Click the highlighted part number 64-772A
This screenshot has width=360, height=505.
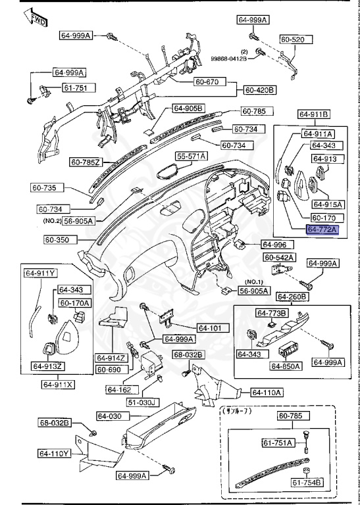coord(322,229)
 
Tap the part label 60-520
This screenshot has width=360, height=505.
coord(292,39)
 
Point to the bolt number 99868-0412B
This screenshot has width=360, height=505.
coord(228,59)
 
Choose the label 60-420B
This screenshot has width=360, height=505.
coord(260,89)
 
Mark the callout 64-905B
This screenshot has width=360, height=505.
coord(189,108)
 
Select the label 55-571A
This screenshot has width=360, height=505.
coord(191,156)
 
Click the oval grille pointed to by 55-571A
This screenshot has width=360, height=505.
coord(170,172)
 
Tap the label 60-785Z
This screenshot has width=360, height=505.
coord(86,161)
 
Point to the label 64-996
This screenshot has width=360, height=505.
coord(274,244)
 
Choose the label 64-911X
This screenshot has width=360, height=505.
coord(59,383)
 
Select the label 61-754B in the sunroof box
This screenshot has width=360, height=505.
coord(307,483)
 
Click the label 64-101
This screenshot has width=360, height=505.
coord(211,327)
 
